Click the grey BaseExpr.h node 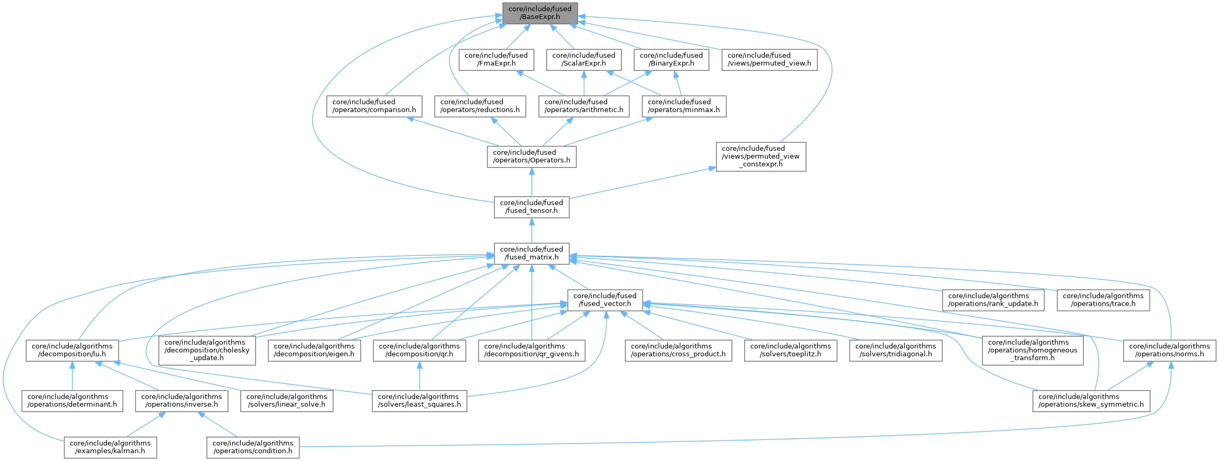539,13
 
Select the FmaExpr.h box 495,60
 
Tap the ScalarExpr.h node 583,60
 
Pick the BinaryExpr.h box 671,60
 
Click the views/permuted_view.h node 769,60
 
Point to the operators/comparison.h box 374,106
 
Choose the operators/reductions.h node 480,106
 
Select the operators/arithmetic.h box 583,106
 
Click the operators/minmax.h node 683,106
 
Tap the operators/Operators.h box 531,156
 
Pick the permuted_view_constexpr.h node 761,156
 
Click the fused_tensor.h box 531,207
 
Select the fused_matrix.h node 531,253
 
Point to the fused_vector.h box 604,300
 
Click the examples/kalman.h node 110,447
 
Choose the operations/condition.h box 252,447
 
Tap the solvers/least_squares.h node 419,401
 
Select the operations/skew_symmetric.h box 1091,401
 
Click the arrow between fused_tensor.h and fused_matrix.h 531,230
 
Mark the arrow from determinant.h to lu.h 72,376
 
